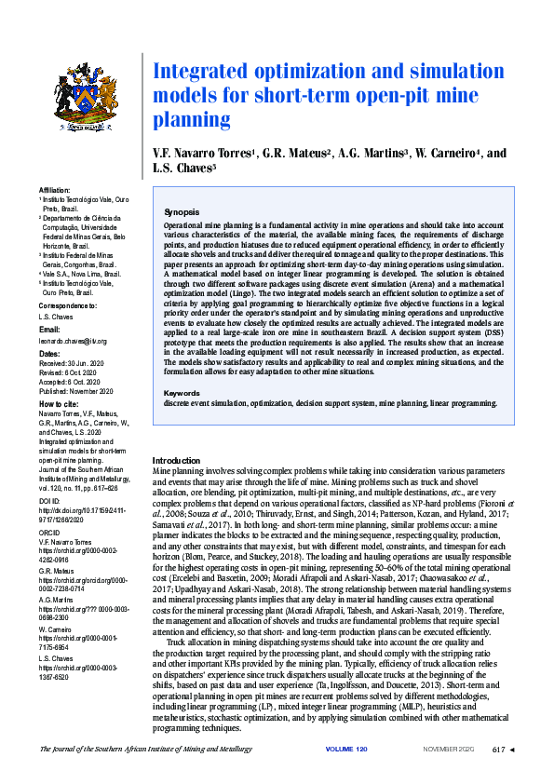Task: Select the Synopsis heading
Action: coord(182,212)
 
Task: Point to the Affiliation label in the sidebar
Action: coord(54,189)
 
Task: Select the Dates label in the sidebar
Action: coord(47,354)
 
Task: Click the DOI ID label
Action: coord(49,501)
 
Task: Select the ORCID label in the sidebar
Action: coord(49,532)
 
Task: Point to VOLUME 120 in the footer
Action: coord(346,775)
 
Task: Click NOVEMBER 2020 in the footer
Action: coord(449,775)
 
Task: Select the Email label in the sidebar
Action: coord(47,332)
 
